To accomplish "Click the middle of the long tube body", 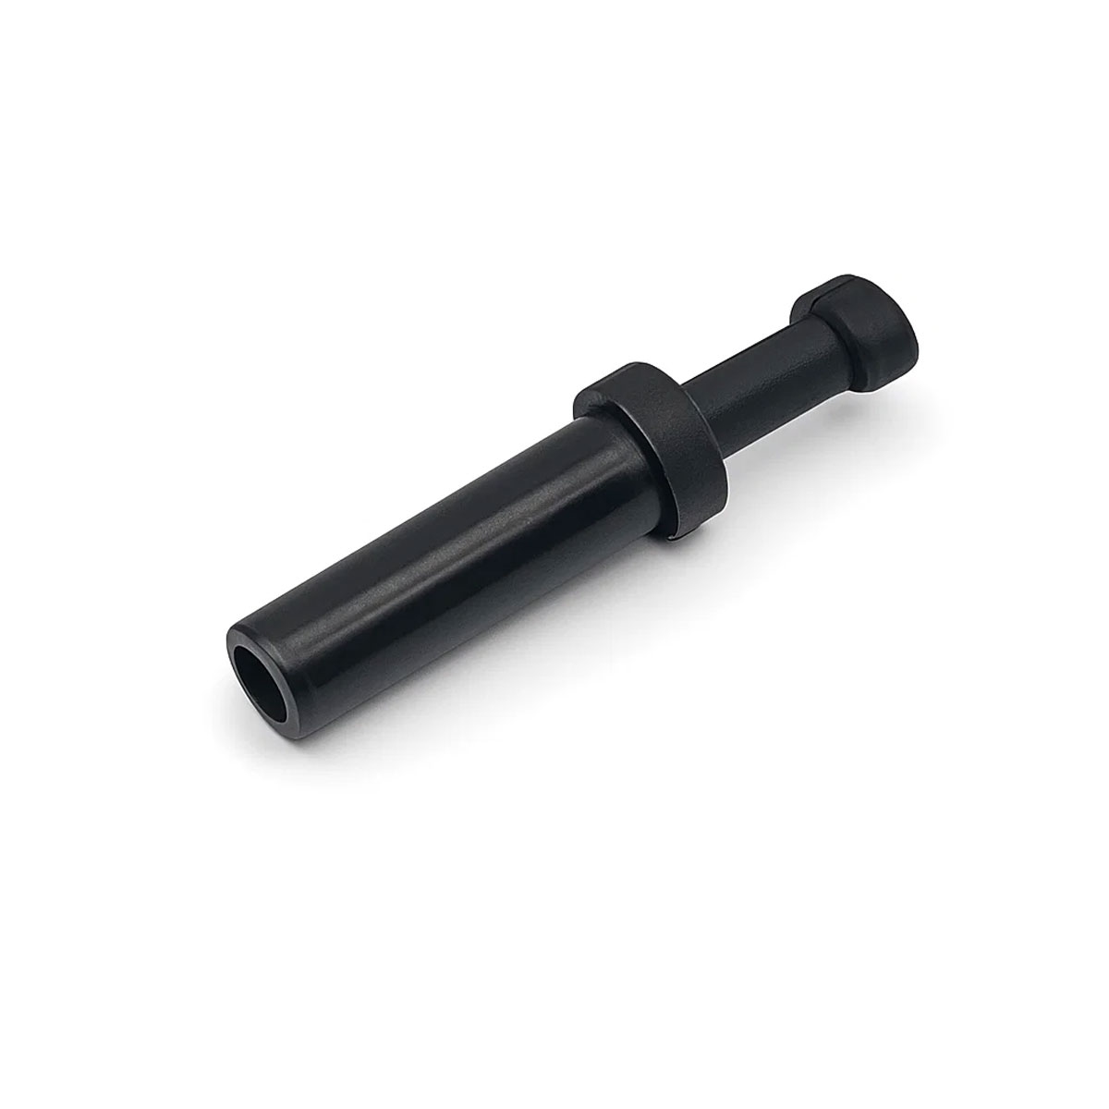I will (x=434, y=564).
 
